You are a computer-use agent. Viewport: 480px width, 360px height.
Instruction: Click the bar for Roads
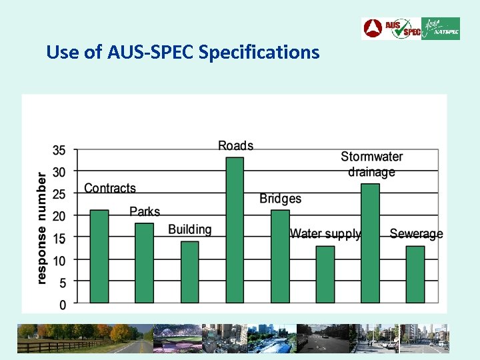click(x=235, y=230)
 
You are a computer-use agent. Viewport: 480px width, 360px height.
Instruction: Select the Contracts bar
click(x=99, y=257)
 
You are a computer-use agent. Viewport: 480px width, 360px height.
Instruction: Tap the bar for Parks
click(x=144, y=263)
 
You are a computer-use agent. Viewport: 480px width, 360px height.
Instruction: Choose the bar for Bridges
click(x=280, y=257)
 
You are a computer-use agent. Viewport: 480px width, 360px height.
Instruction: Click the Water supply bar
click(x=325, y=274)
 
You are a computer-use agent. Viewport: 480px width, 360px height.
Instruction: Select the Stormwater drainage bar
click(x=370, y=243)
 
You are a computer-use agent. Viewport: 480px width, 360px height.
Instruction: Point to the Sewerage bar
click(x=415, y=274)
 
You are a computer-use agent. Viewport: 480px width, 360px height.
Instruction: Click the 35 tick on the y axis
click(x=59, y=150)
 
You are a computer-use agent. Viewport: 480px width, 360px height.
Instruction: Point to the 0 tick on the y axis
click(x=63, y=305)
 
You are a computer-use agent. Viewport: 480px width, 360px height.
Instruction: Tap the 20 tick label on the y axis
click(x=59, y=216)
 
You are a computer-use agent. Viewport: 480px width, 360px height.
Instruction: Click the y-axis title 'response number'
click(x=41, y=228)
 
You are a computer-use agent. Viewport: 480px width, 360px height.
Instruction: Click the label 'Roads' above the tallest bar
click(x=236, y=145)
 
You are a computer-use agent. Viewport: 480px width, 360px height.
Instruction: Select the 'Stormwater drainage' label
click(x=372, y=164)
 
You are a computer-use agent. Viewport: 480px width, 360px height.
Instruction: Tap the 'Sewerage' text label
click(x=416, y=233)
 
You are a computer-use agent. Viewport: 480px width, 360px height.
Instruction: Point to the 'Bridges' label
click(x=280, y=199)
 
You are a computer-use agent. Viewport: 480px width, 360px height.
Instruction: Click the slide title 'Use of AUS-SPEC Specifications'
click(x=183, y=52)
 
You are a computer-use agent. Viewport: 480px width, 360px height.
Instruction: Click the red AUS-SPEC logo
click(x=391, y=29)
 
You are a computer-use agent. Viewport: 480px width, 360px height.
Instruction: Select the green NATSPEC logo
click(x=441, y=29)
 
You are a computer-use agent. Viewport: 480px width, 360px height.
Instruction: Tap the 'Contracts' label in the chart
click(x=110, y=189)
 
